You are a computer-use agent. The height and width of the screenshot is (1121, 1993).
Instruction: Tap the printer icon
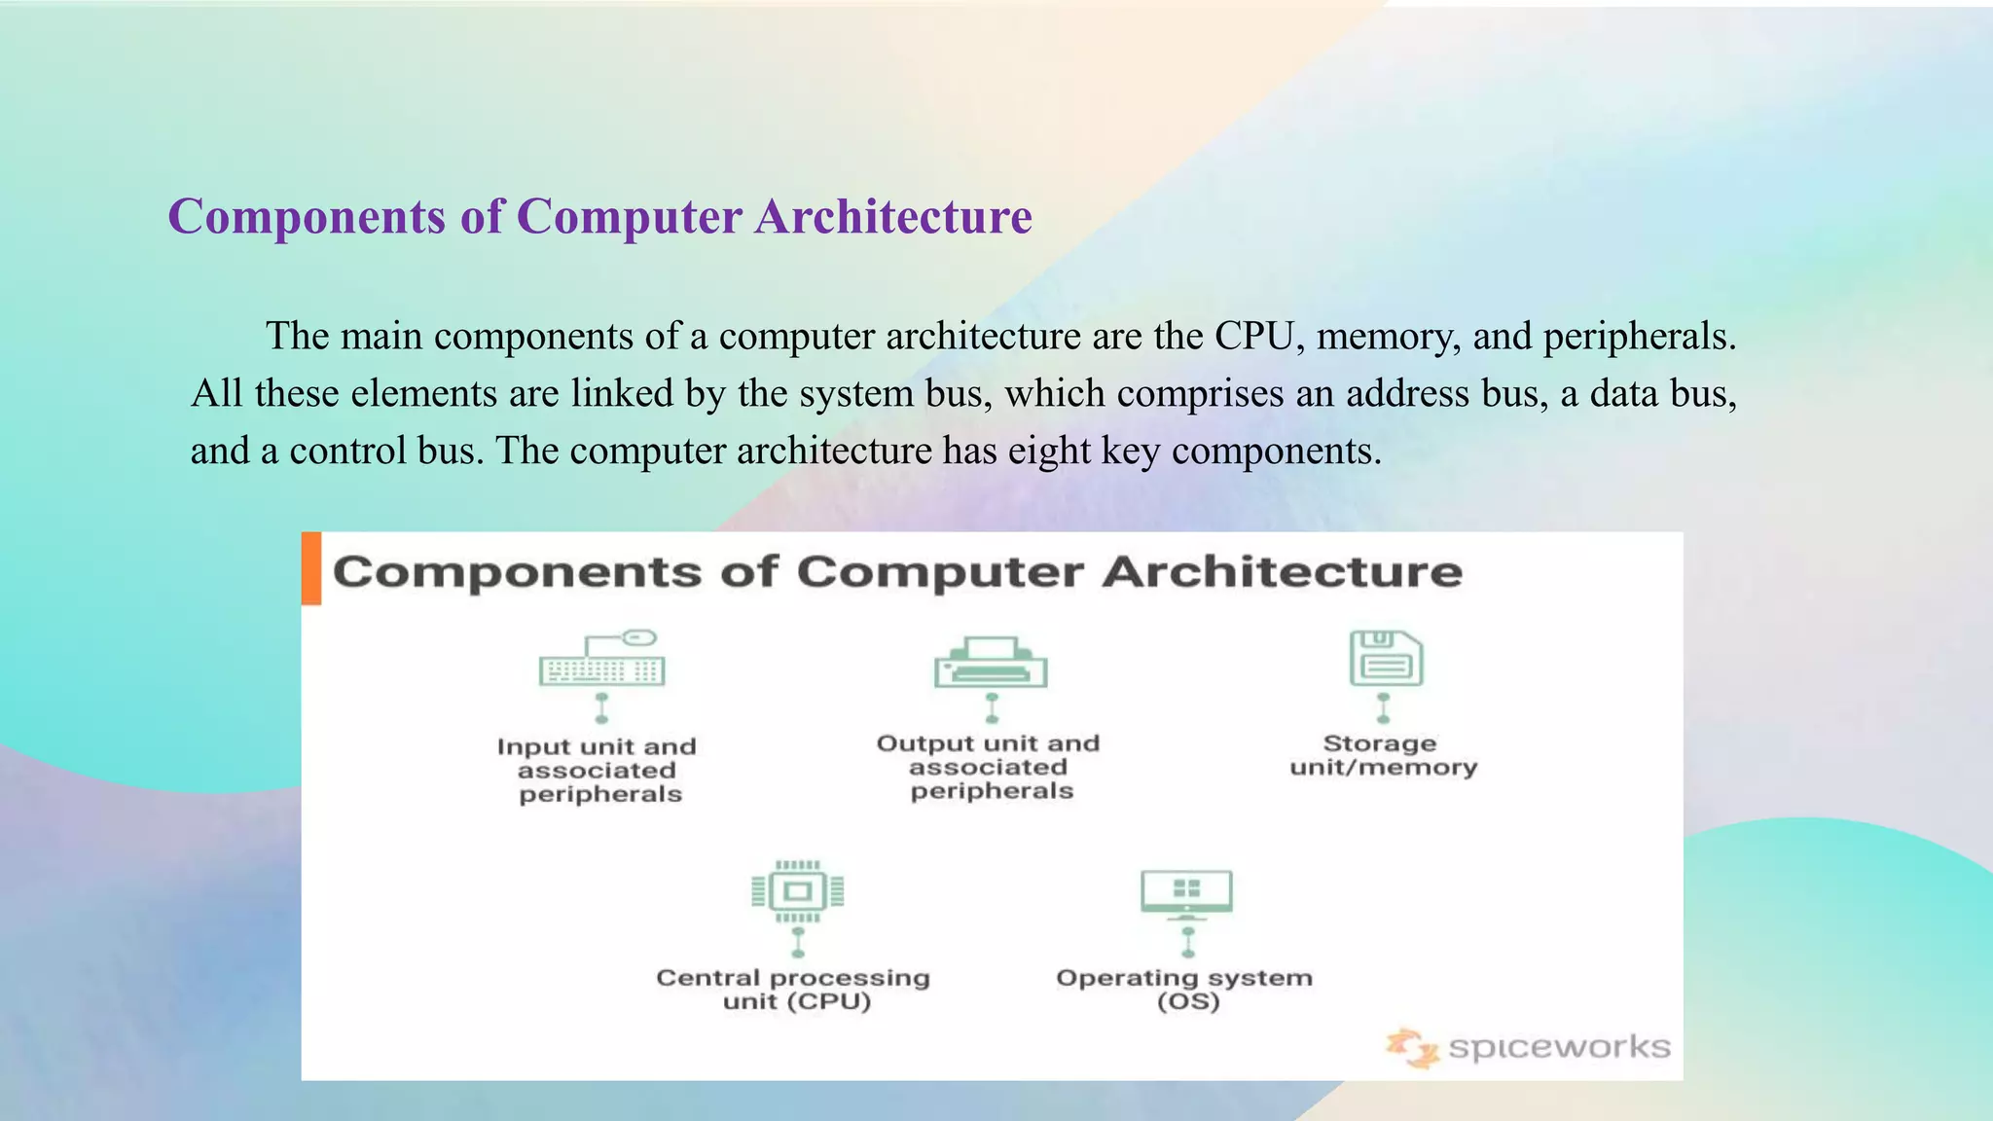991,663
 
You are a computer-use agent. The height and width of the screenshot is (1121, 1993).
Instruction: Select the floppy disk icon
1386,659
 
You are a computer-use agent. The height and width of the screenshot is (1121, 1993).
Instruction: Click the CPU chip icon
797,890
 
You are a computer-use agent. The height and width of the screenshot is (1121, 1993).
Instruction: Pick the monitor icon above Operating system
1186,893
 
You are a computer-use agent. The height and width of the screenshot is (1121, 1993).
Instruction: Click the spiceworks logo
1529,1048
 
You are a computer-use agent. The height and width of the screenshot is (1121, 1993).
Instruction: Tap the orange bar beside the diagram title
311,568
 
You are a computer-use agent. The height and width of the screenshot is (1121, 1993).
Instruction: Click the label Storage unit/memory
1383,755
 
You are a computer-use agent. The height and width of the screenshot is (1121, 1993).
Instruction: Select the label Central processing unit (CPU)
794,989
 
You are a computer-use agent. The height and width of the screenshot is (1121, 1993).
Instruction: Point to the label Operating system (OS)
1184,989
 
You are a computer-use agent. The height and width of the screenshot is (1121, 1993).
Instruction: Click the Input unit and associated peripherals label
598,770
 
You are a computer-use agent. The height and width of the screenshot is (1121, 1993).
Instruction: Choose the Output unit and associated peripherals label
989,767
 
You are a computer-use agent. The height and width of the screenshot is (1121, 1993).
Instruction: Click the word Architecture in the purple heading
893,216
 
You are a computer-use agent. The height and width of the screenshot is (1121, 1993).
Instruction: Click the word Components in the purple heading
307,216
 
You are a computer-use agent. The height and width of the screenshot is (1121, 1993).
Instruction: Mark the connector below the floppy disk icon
1383,707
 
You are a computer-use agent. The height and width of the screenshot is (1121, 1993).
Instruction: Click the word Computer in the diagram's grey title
939,571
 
